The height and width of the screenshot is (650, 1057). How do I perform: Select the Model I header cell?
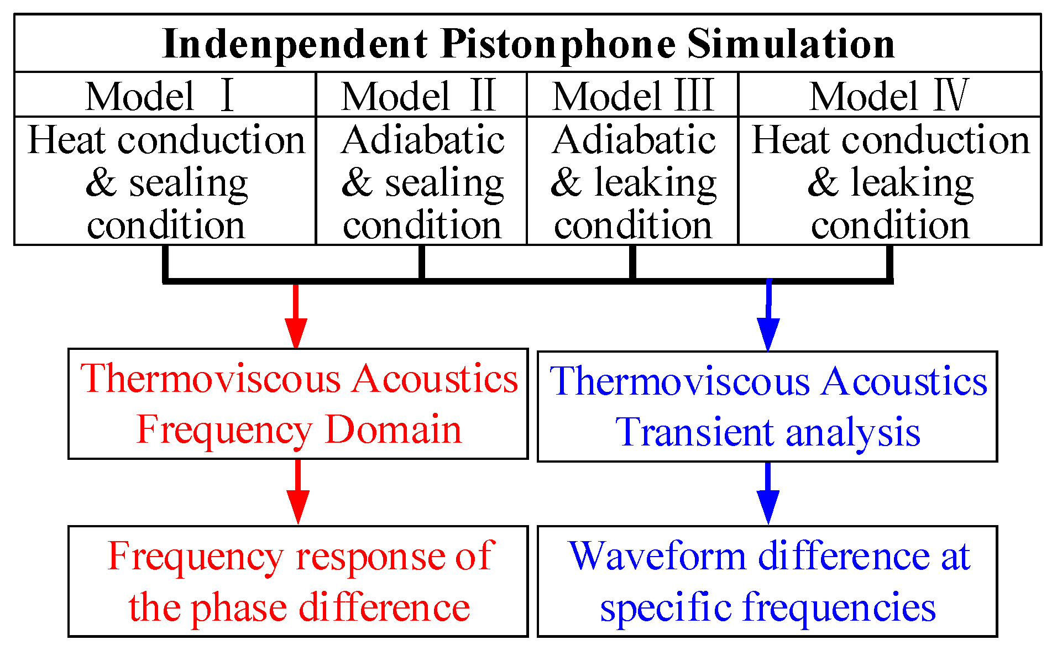[x=165, y=95]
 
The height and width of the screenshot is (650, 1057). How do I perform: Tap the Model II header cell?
[x=421, y=95]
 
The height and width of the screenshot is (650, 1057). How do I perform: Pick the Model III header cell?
[x=632, y=95]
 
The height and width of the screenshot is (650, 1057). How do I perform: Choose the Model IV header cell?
[x=889, y=95]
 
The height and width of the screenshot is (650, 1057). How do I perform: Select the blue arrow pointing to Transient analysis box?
[x=768, y=318]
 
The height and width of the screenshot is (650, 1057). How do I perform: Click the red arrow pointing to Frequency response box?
[x=298, y=492]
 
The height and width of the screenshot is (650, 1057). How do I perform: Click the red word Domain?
[x=393, y=429]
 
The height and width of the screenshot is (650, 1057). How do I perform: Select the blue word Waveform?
[x=657, y=556]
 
